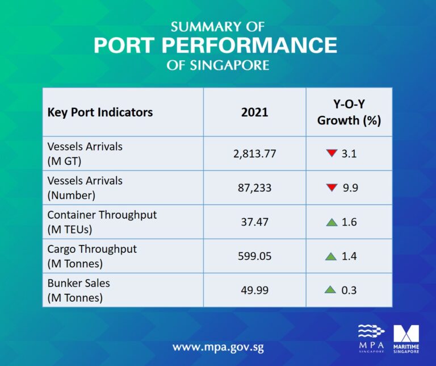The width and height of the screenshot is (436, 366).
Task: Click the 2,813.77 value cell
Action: (x=254, y=153)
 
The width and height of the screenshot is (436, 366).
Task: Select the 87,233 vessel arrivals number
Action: (x=254, y=188)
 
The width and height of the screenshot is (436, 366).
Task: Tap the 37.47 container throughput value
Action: (x=254, y=222)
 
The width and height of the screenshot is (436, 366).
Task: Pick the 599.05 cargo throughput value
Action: (x=254, y=256)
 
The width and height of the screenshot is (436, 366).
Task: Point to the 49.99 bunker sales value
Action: (x=254, y=290)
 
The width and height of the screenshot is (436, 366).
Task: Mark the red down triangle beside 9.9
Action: (x=332, y=188)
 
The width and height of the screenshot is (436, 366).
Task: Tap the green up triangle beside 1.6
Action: (x=332, y=222)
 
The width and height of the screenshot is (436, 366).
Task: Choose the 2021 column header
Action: (x=254, y=112)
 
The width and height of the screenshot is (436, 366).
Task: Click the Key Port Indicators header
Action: (x=100, y=112)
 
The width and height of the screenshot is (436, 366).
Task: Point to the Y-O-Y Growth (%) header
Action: (x=349, y=112)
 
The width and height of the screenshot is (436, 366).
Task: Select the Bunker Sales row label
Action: (x=78, y=290)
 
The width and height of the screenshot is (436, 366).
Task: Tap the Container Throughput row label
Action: (x=102, y=222)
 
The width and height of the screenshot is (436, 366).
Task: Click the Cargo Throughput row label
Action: (x=92, y=256)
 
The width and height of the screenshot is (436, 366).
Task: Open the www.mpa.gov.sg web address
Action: (x=218, y=347)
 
